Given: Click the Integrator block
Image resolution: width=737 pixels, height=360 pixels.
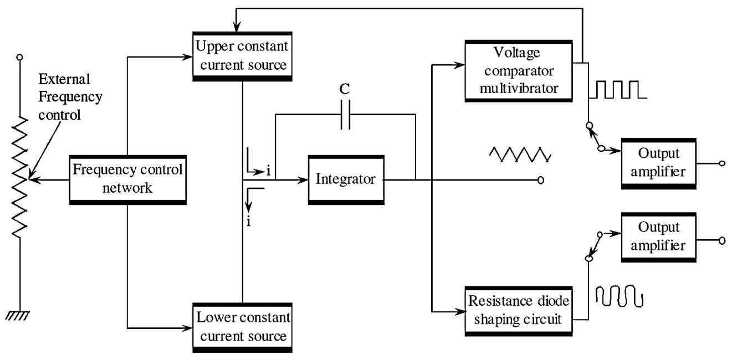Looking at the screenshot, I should pyautogui.click(x=345, y=180).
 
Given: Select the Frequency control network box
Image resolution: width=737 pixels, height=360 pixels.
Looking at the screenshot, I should pyautogui.click(x=127, y=179).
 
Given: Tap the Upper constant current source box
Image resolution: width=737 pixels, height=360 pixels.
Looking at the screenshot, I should pyautogui.click(x=241, y=56).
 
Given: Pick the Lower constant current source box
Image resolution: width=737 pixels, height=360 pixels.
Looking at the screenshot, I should pyautogui.click(x=241, y=328).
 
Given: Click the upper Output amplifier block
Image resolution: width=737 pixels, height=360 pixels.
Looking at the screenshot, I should pyautogui.click(x=658, y=164).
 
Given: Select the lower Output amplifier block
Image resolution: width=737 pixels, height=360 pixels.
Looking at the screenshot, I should pyautogui.click(x=658, y=236).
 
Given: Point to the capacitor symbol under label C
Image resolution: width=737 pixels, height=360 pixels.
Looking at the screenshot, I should pyautogui.click(x=345, y=116).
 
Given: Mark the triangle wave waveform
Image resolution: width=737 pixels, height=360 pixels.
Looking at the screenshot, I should pyautogui.click(x=520, y=155).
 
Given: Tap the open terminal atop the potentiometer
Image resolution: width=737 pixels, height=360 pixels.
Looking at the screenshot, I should pyautogui.click(x=20, y=57).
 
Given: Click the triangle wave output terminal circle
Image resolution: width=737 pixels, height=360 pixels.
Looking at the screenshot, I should pyautogui.click(x=541, y=180).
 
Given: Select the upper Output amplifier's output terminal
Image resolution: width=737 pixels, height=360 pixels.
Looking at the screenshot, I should pyautogui.click(x=721, y=164).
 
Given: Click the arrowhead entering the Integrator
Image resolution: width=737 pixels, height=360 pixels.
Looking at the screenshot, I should pyautogui.click(x=304, y=180).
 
